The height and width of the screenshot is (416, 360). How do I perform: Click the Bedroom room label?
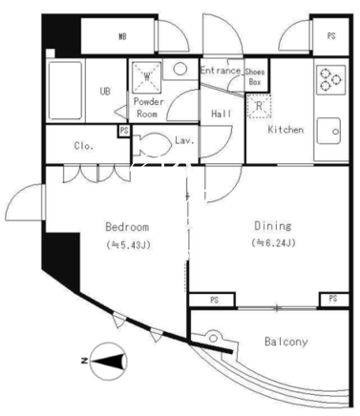point(127,227)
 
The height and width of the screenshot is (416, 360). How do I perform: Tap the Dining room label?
point(273,226)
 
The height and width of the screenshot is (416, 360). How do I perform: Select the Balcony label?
point(286,342)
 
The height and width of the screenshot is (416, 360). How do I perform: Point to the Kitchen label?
point(286,130)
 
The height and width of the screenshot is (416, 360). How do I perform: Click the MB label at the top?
point(122,37)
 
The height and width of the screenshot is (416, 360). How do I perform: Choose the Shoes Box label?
point(255,76)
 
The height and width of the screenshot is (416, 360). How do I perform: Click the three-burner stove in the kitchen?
point(331,79)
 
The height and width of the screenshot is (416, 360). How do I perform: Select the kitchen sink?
point(328,131)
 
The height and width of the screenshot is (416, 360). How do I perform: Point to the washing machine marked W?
point(147,76)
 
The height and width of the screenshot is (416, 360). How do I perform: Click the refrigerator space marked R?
point(259,106)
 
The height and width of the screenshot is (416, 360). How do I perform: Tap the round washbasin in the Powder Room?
point(180,69)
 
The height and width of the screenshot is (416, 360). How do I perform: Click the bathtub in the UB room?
point(65,91)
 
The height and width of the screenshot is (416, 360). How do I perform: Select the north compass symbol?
point(108,362)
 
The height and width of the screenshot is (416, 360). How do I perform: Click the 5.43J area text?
point(129,245)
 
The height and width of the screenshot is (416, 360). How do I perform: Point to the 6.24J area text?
point(274,243)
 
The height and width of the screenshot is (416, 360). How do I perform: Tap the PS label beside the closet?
point(124,131)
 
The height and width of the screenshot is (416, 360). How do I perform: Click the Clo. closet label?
point(84,146)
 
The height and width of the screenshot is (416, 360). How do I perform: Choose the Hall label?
point(222,114)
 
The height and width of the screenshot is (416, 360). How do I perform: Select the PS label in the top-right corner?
point(331,36)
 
